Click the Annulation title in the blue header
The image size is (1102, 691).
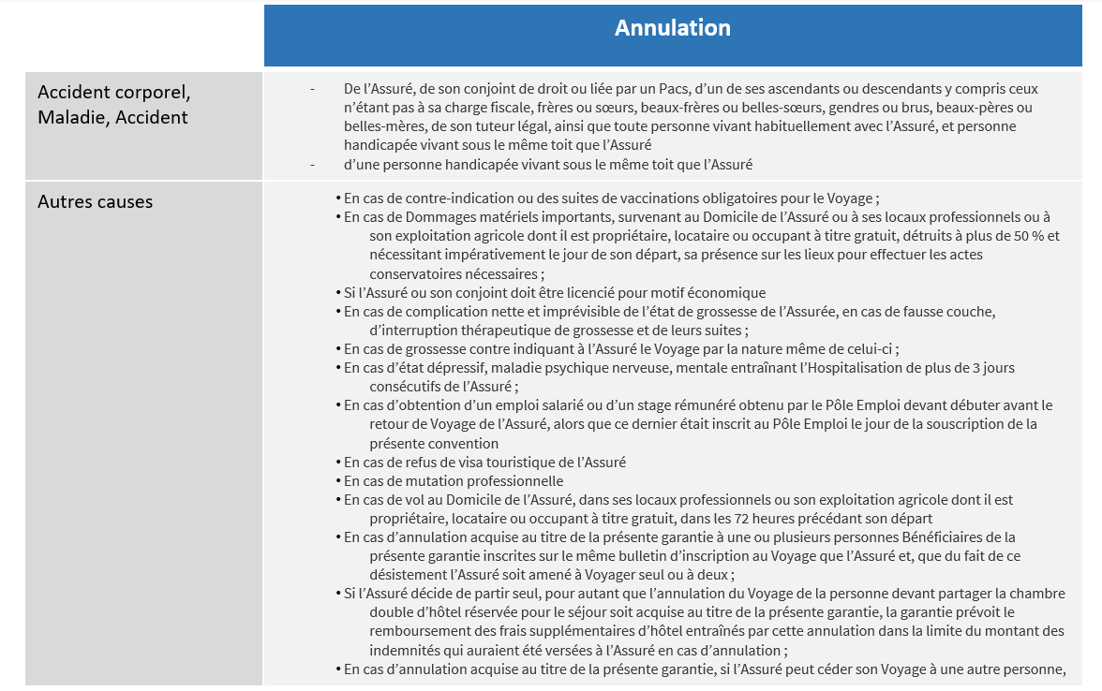672,29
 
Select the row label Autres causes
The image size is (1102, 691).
95,202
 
